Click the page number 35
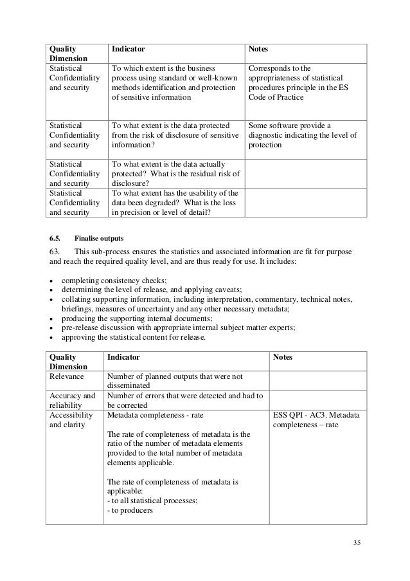coord(357,542)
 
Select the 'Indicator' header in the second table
coord(123,356)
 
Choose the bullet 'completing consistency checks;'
coord(114,281)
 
